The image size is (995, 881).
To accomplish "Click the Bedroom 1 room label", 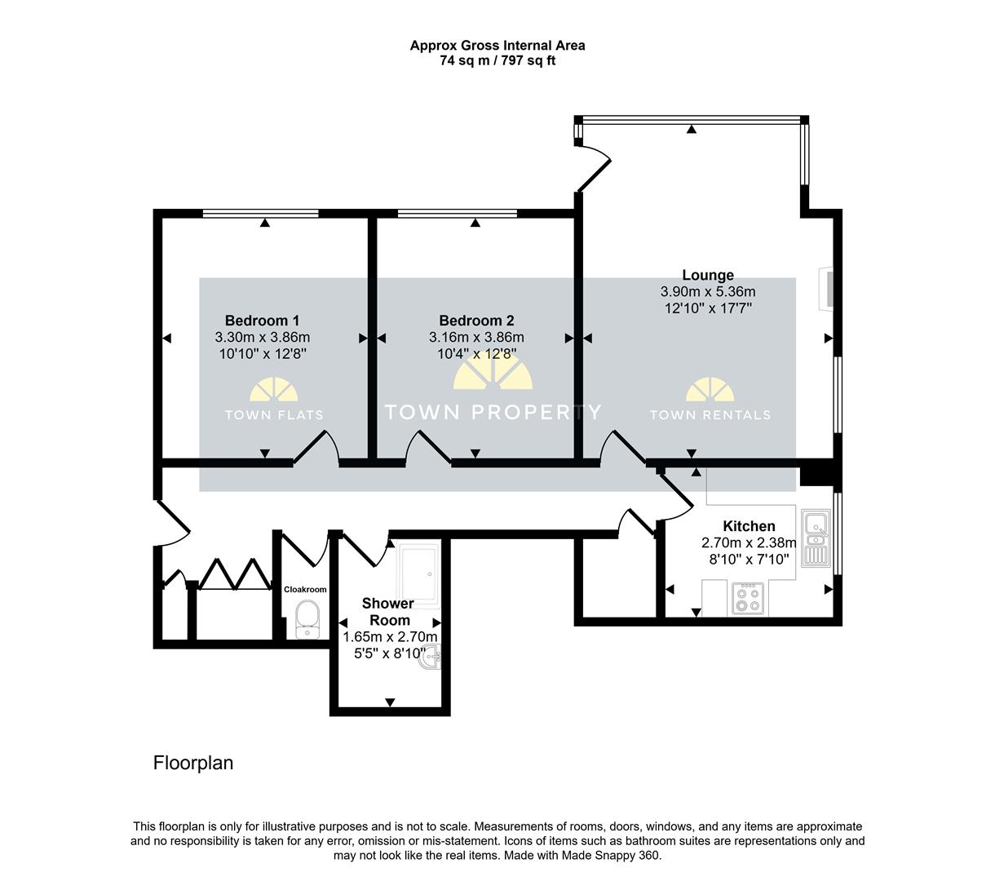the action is [262, 321].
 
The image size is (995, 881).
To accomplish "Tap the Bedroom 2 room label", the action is [476, 321].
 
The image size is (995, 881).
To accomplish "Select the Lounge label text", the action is [708, 275].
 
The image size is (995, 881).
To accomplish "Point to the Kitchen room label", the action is [749, 526].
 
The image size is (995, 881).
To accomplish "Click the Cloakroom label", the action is [305, 590].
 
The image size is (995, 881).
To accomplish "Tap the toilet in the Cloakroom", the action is [308, 620].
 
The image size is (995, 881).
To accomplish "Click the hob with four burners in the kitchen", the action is [748, 599].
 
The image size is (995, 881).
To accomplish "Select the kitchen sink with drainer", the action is [816, 538].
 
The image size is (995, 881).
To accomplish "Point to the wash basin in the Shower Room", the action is [431, 657].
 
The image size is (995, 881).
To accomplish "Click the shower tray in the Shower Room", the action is [418, 575].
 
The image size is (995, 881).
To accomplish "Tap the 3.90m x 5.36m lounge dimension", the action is [708, 292].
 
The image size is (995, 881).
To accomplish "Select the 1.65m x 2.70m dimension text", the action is [390, 637].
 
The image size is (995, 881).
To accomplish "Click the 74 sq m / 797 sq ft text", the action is [497, 60].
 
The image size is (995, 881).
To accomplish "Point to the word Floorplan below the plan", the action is [193, 763].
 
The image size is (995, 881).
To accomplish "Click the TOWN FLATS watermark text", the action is [274, 415].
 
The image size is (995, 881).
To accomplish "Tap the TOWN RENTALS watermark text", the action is [710, 415].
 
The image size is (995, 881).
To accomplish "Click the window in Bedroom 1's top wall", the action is [261, 213].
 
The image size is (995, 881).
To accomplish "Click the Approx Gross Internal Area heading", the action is [497, 46].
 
